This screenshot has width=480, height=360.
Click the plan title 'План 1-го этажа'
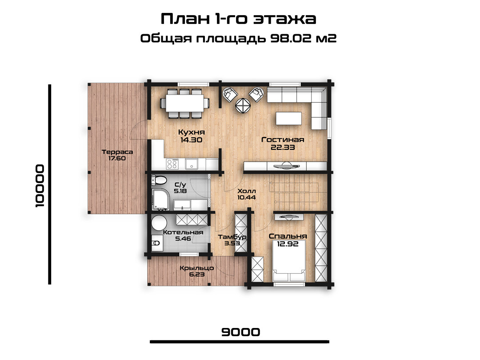point(238,19)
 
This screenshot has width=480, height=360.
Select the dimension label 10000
point(40,186)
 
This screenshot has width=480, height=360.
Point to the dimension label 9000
point(240,332)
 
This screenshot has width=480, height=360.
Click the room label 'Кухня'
point(191,132)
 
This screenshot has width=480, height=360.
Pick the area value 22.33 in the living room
point(283,147)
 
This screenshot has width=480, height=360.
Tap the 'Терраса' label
point(117,152)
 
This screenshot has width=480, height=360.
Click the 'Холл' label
point(247,191)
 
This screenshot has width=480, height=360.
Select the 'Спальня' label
point(288,236)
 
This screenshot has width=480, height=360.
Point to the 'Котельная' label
point(183,232)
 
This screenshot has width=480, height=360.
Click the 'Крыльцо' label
point(197,268)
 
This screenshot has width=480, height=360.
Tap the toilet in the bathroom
point(158,180)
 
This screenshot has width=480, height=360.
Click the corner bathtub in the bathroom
point(160,200)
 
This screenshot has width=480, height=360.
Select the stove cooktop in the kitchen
point(172,164)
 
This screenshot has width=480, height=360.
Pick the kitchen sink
point(191,164)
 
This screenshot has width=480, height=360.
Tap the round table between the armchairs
point(243,105)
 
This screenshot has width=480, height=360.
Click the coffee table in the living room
point(288,119)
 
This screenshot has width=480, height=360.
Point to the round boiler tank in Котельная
point(159,223)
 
